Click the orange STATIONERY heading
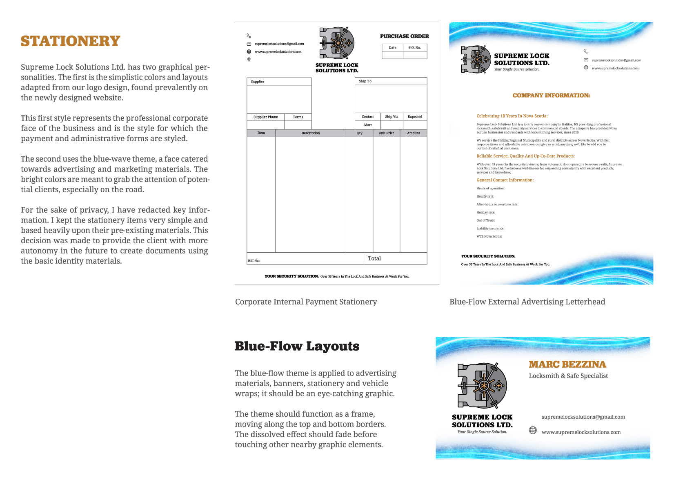(70, 41)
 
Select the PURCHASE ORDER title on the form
(404, 36)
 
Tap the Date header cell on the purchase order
(392, 48)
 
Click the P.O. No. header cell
(414, 48)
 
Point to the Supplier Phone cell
(265, 117)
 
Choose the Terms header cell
(298, 117)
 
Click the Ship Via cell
(391, 117)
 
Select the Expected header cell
(415, 117)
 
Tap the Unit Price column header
(386, 133)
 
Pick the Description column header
(310, 133)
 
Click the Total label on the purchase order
(374, 258)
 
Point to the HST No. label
(254, 260)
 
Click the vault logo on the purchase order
(337, 43)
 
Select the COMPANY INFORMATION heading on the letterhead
(551, 96)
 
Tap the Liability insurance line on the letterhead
(490, 229)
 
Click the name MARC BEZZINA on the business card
(567, 364)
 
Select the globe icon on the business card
(533, 430)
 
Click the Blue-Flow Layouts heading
(297, 346)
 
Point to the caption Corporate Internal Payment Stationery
(306, 302)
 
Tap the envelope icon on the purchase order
(249, 44)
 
